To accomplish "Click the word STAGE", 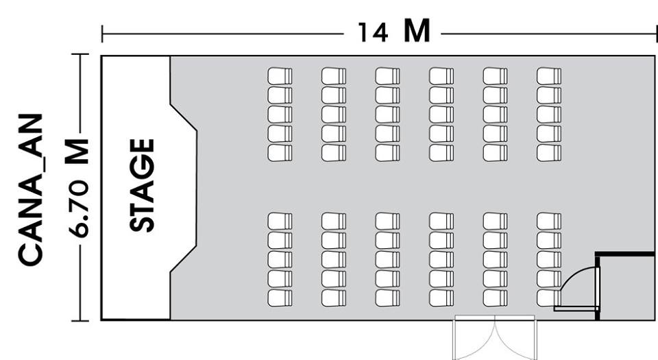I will click(x=143, y=185).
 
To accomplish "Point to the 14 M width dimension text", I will click(x=394, y=32).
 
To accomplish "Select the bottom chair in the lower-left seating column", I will click(x=280, y=298).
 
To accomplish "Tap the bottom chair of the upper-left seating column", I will click(x=280, y=152).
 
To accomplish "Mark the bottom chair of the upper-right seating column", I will click(x=549, y=152).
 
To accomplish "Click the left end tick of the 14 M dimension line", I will click(x=102, y=32).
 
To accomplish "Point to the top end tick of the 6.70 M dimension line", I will click(x=81, y=56).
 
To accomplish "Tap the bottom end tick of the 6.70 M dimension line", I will click(x=81, y=320).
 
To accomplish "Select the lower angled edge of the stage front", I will click(x=184, y=259).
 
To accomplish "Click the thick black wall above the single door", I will click(x=624, y=254).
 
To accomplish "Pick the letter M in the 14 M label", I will click(x=417, y=31).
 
